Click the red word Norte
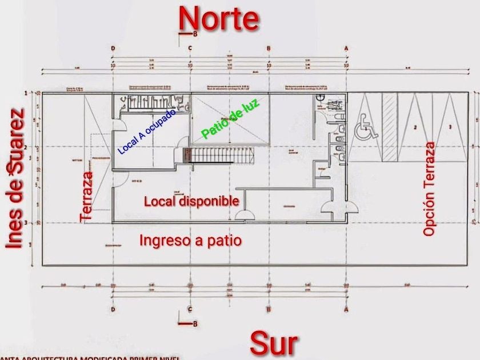pyautogui.click(x=219, y=18)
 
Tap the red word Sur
pyautogui.click(x=274, y=344)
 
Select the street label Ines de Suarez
pyautogui.click(x=17, y=178)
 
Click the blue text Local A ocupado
pyautogui.click(x=147, y=131)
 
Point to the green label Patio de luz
pyautogui.click(x=230, y=118)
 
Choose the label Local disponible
pyautogui.click(x=191, y=201)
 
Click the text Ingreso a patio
pyautogui.click(x=190, y=241)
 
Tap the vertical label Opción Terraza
pyautogui.click(x=430, y=189)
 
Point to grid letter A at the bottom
pyautogui.click(x=346, y=309)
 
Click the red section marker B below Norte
pyautogui.click(x=195, y=34)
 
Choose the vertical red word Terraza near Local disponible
pyautogui.click(x=86, y=197)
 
